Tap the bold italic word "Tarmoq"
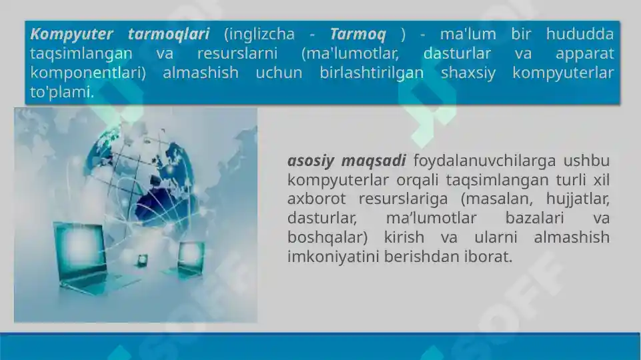[x=358, y=34]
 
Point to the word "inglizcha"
[x=259, y=34]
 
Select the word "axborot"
[x=317, y=199]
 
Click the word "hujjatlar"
[x=578, y=199]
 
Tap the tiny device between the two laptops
[x=141, y=259]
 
